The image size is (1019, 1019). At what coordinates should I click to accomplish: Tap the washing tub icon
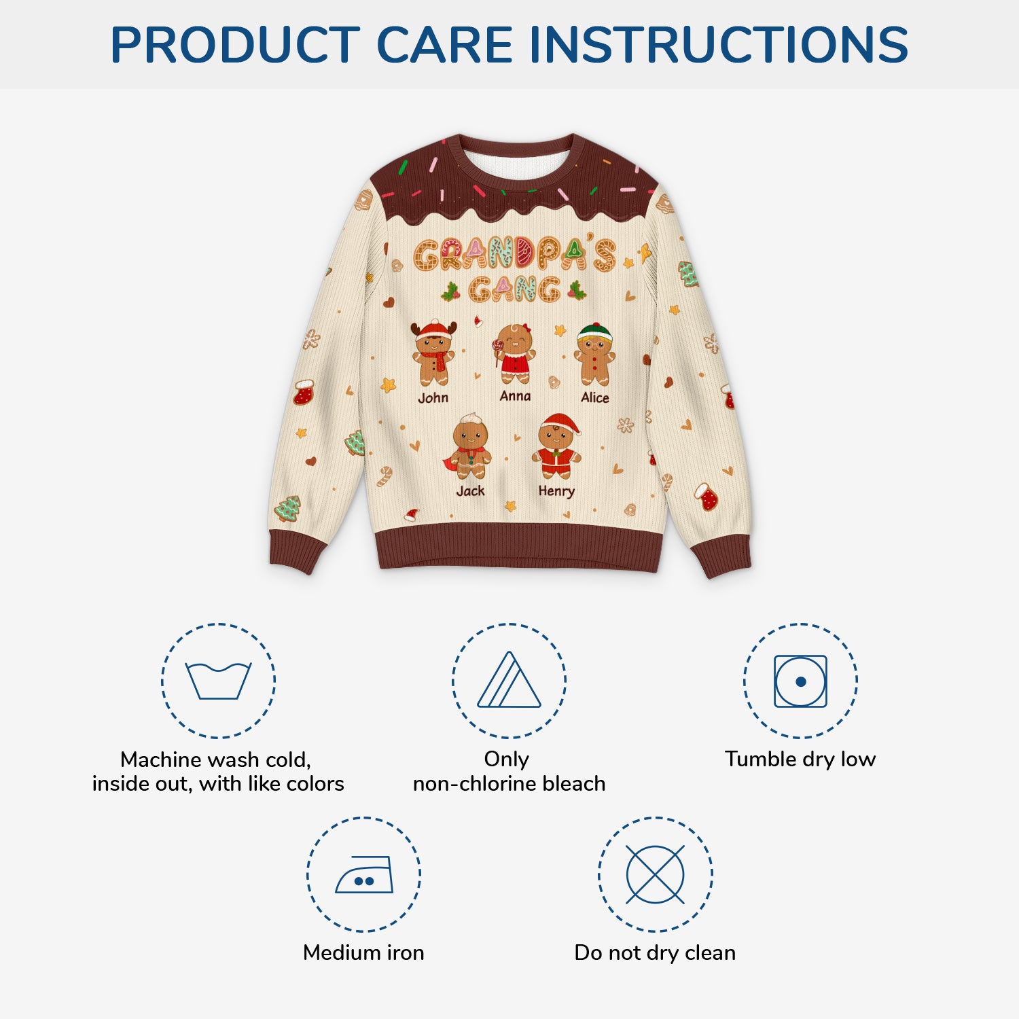pyautogui.click(x=218, y=681)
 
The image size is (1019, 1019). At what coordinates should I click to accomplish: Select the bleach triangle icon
pyautogui.click(x=509, y=681)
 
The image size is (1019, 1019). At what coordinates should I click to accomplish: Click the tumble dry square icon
pyautogui.click(x=800, y=681)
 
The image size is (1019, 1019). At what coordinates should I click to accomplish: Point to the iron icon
pyautogui.click(x=364, y=874)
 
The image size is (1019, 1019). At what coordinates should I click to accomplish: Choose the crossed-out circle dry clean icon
pyautogui.click(x=655, y=874)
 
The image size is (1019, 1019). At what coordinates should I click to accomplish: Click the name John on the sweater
pyautogui.click(x=433, y=397)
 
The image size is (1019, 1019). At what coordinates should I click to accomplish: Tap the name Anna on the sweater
pyautogui.click(x=515, y=395)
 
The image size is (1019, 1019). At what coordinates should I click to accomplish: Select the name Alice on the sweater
pyautogui.click(x=595, y=397)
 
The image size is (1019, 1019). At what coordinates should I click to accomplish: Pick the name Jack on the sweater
pyautogui.click(x=470, y=490)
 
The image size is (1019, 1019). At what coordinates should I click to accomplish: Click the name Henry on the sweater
pyautogui.click(x=556, y=490)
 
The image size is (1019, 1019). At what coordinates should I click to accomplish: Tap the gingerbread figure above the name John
pyautogui.click(x=433, y=353)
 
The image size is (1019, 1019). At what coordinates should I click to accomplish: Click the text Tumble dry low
pyautogui.click(x=800, y=759)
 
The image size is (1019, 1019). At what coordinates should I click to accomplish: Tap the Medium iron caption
pyautogui.click(x=363, y=952)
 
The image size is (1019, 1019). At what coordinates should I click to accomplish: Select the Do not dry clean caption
pyautogui.click(x=655, y=952)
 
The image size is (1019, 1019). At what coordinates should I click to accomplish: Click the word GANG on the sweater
pyautogui.click(x=514, y=289)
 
